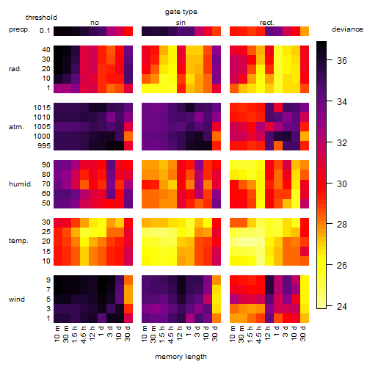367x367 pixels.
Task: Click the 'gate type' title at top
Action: [181, 12]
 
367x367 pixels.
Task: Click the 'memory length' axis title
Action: [181, 357]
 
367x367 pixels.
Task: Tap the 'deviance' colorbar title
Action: [347, 29]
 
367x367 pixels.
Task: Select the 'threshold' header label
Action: [41, 18]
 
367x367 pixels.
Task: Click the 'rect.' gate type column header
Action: [266, 23]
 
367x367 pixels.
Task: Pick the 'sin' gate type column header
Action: [181, 23]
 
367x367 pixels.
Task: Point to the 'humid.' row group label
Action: [21, 184]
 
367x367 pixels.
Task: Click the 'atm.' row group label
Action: [16, 127]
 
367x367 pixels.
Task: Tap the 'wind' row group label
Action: [17, 299]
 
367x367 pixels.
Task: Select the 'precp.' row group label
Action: [19, 30]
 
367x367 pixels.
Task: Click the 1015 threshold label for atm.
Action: [42, 108]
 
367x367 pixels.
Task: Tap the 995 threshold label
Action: [44, 146]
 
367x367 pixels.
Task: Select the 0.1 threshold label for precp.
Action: [45, 31]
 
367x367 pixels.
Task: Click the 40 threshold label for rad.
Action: [46, 50]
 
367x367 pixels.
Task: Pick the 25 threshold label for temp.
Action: [46, 232]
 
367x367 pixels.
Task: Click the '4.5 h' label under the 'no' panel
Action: [84, 335]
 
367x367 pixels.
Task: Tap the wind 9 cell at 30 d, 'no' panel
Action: [128, 280]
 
